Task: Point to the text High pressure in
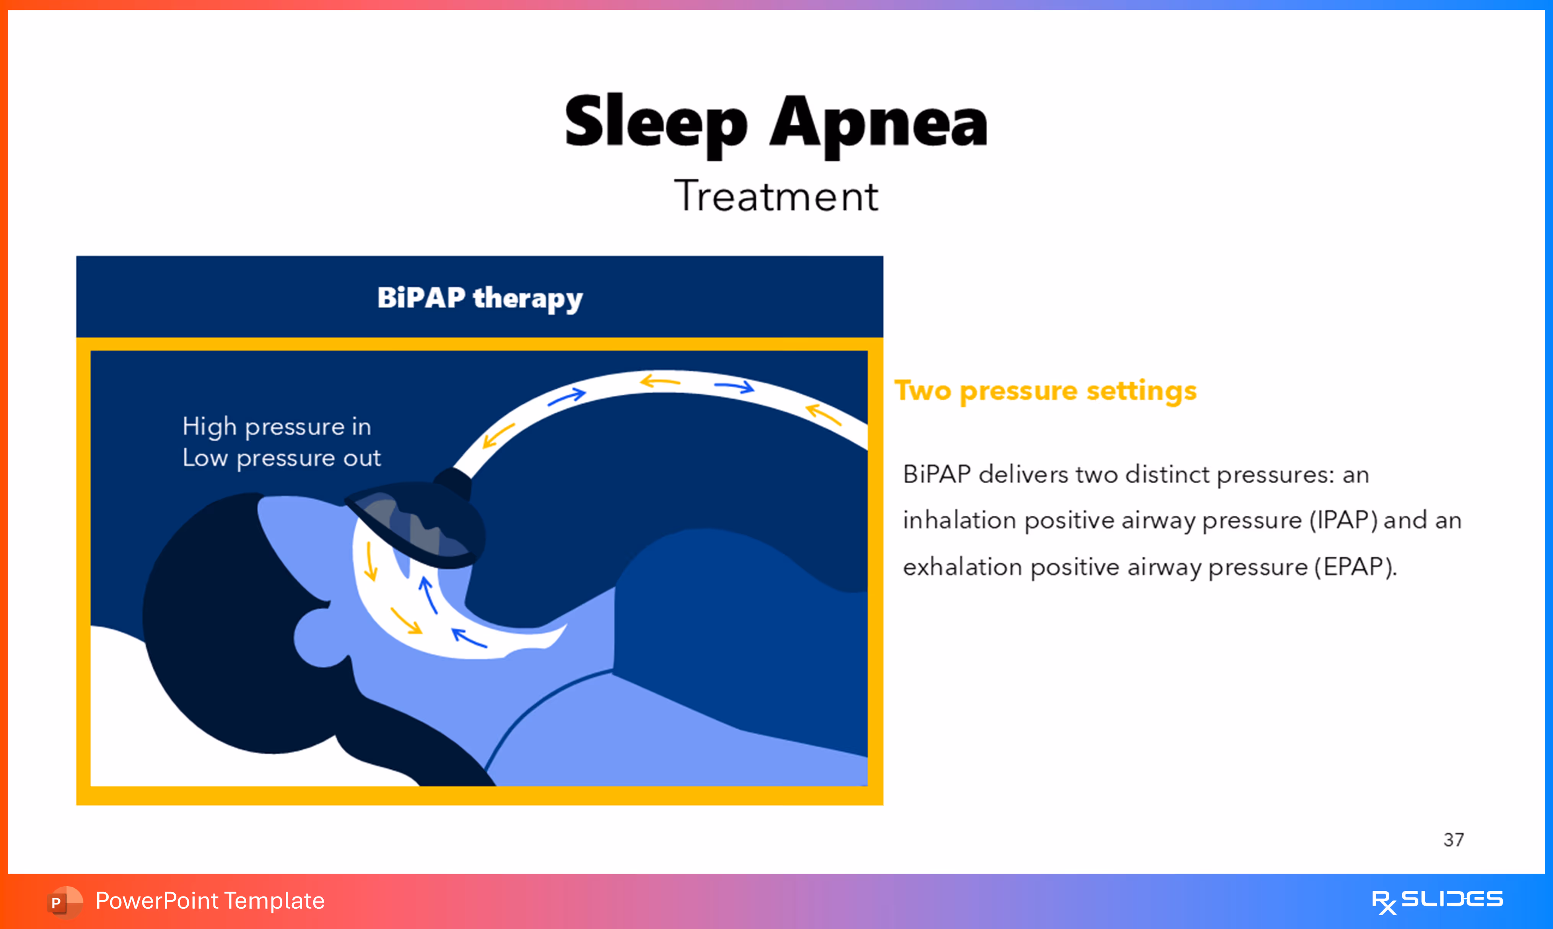277,427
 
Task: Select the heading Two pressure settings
1045,391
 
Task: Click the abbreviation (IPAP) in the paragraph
1343,521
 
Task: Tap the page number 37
1454,840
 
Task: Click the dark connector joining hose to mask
452,482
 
